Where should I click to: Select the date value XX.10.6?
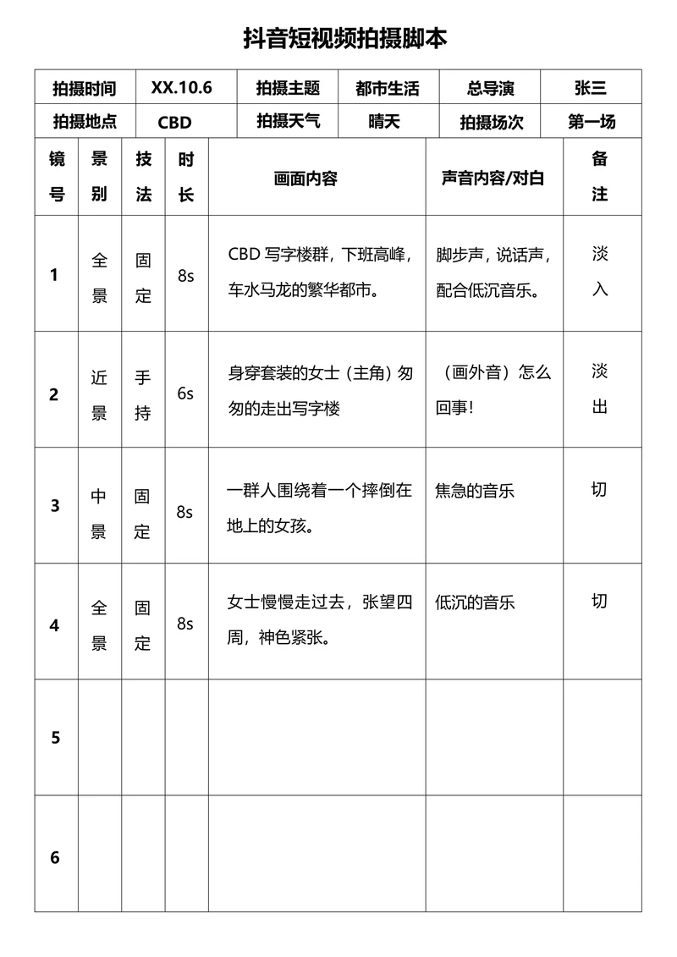181,88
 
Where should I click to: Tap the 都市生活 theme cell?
388,88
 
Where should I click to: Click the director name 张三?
590,88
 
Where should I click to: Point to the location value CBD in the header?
175,122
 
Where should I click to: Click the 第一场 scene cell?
592,122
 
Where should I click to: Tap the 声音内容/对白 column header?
493,179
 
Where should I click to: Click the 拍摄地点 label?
84,122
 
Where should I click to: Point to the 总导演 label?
490,88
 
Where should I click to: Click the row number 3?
56,506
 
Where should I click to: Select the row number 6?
56,857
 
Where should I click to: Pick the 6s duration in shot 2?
185,393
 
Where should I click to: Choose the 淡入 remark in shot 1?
599,272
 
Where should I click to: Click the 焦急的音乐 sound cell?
475,491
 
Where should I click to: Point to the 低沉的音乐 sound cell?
475,603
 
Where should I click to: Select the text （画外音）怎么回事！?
494,389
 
